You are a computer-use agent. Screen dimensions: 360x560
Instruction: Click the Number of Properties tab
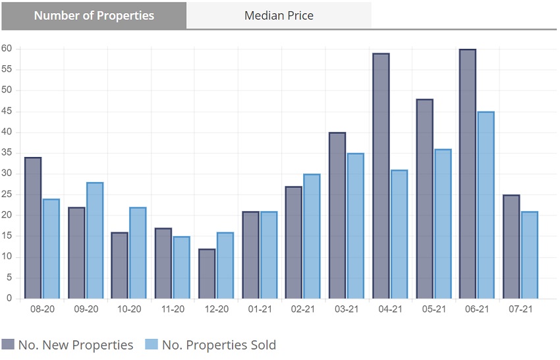pos(94,15)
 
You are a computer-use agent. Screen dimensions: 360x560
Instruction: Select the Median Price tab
pos(279,15)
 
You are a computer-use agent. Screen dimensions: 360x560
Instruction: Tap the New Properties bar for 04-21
pos(381,176)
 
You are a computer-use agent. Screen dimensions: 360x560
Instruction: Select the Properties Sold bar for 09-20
pos(94,241)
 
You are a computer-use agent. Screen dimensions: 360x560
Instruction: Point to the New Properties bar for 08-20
pos(32,228)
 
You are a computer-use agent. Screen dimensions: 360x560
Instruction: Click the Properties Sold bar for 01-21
pos(268,255)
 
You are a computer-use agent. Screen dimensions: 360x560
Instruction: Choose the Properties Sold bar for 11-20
pos(181,268)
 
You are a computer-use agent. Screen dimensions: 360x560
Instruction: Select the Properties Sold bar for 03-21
pos(355,226)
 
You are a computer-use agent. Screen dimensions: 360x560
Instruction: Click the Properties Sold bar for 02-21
pos(312,236)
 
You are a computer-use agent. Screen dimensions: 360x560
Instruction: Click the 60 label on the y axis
pos(8,49)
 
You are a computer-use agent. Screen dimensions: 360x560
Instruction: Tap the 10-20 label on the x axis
pos(129,309)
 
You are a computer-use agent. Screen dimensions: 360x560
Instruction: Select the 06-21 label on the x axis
pos(477,309)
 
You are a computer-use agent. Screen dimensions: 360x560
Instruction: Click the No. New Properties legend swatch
pos(9,344)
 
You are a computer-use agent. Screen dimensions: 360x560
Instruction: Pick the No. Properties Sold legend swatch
pos(152,344)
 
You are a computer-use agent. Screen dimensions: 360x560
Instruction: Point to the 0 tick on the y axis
pos(10,299)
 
